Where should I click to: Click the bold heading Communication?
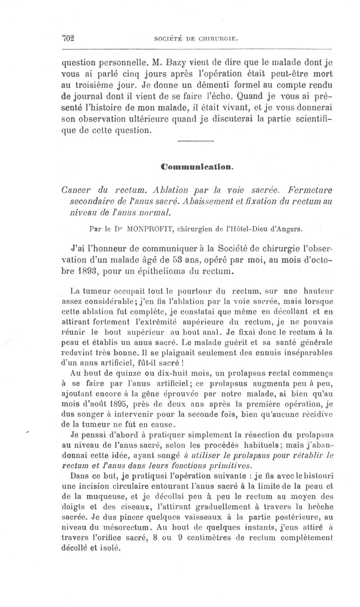(x=197, y=166)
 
